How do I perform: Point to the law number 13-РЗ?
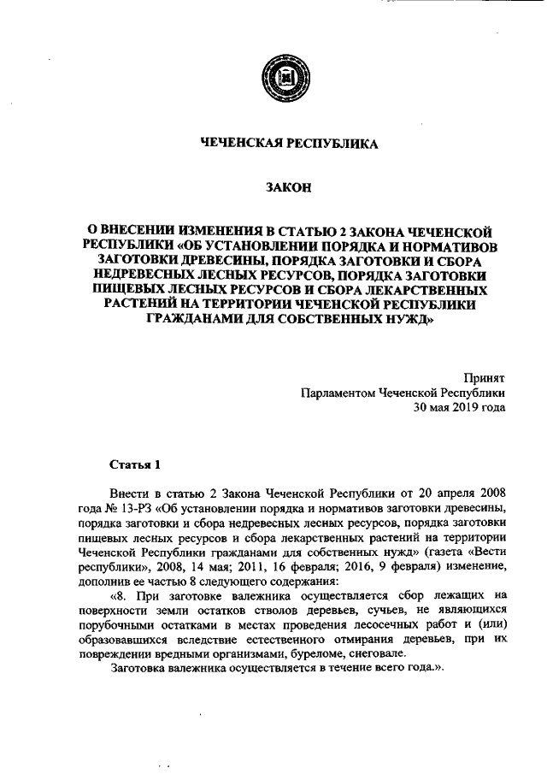coord(134,510)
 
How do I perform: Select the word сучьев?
coord(350,612)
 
